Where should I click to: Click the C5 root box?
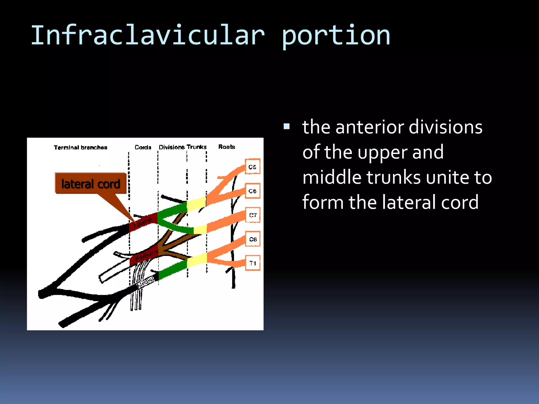point(252,166)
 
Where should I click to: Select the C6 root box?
point(252,191)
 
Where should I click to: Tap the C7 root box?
point(253,215)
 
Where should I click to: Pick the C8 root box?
point(253,239)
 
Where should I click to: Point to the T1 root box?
point(253,263)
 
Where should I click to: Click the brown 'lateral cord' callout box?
point(91,183)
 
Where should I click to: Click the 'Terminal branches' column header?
point(81,147)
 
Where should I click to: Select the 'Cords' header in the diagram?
point(143,147)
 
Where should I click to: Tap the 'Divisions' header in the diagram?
point(172,147)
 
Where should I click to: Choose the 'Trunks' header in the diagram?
point(197,147)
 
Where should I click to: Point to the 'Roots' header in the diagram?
point(227,147)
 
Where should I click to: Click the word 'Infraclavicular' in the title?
point(147,36)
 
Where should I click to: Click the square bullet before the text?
point(287,127)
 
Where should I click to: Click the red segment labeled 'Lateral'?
point(143,223)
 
